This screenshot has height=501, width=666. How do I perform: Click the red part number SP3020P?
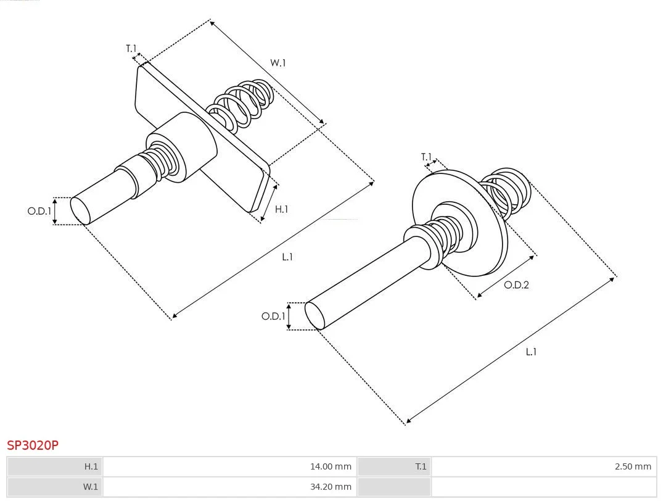point(33,445)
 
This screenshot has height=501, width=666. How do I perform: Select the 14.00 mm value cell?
point(229,466)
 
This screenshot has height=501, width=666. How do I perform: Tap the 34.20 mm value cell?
point(229,487)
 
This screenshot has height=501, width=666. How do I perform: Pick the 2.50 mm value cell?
point(544,466)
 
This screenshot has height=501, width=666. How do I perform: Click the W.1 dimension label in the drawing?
point(277,63)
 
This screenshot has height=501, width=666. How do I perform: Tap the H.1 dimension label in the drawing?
point(281,209)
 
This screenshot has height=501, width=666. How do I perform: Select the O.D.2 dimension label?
point(516,284)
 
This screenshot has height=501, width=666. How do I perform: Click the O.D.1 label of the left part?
point(39,211)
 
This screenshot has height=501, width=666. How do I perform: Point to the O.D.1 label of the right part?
point(273,316)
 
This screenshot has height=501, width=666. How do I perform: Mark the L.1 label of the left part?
point(287,257)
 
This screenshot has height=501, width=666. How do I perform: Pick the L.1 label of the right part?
point(531,352)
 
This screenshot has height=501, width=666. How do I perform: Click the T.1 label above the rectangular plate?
point(131,49)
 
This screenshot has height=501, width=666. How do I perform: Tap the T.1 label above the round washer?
point(426,157)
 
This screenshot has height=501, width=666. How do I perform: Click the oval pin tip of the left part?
point(80,211)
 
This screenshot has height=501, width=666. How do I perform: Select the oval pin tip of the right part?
point(314,316)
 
